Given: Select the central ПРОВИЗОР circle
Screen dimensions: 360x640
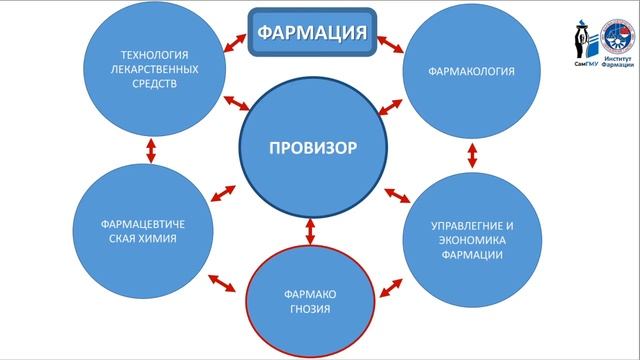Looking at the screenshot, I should (x=312, y=149).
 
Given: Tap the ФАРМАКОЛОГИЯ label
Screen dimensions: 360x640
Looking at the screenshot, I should (x=471, y=72).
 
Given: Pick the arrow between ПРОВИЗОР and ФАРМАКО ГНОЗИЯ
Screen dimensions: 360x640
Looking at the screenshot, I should (x=311, y=230).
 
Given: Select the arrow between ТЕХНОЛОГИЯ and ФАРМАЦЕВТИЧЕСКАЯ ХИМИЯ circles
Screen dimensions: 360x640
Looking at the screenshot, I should (x=152, y=151).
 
